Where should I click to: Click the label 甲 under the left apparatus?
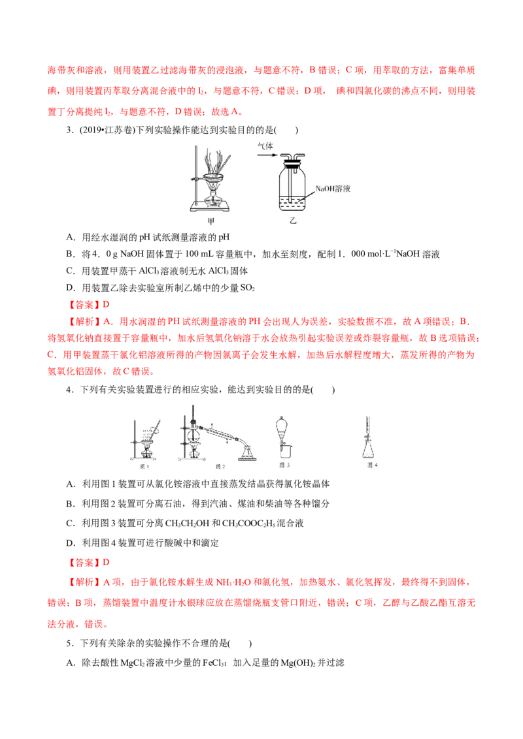(211, 221)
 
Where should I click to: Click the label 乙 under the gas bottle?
(293, 221)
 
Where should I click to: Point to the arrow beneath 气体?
(265, 155)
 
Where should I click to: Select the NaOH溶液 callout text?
(333, 189)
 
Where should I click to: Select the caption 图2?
(220, 465)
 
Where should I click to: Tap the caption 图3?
(284, 465)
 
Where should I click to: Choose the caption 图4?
(373, 465)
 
